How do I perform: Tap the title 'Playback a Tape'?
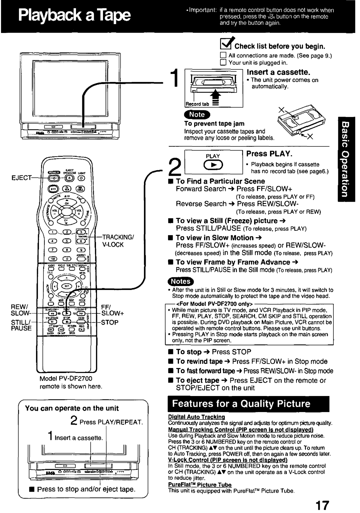tap(73, 16)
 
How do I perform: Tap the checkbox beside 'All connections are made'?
tap(223, 56)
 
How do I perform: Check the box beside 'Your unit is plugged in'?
tap(223, 63)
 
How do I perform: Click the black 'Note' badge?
tap(197, 114)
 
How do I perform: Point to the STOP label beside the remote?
tap(110, 322)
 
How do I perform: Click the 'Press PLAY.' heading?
tap(269, 154)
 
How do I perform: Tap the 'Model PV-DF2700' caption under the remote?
tap(66, 379)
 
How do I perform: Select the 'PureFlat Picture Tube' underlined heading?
tap(200, 485)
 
